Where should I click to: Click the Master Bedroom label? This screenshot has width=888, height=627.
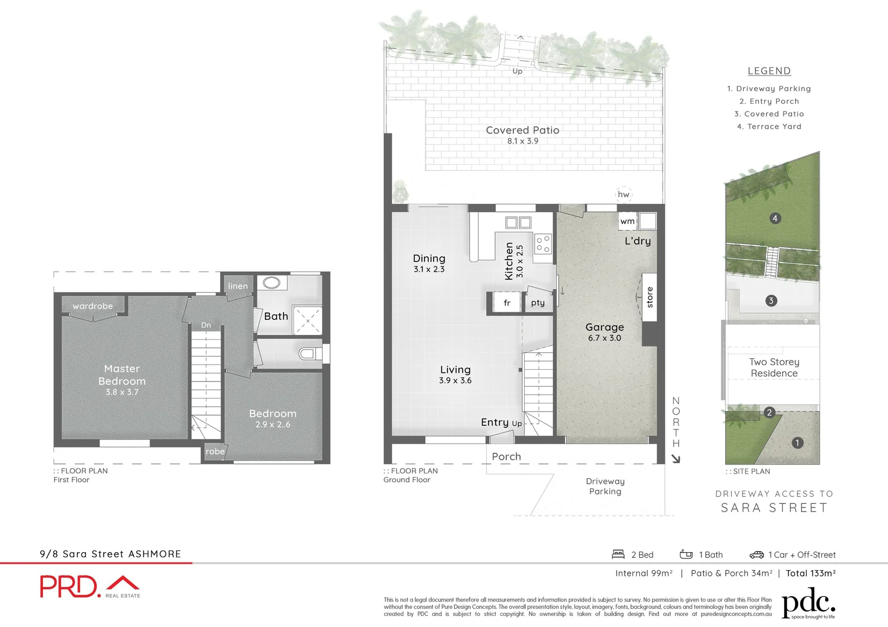pyautogui.click(x=122, y=375)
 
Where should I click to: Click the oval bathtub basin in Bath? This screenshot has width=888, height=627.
pyautogui.click(x=271, y=283)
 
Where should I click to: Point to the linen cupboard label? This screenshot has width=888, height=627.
pyautogui.click(x=238, y=286)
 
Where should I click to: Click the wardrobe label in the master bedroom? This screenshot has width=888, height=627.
pyautogui.click(x=92, y=306)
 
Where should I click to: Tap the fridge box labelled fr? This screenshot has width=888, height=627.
pyautogui.click(x=507, y=302)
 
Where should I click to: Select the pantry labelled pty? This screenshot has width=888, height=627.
pyautogui.click(x=538, y=302)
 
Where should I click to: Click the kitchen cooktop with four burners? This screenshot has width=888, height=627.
pyautogui.click(x=543, y=243)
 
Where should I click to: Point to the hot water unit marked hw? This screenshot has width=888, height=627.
pyautogui.click(x=624, y=194)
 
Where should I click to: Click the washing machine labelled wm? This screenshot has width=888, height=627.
pyautogui.click(x=628, y=221)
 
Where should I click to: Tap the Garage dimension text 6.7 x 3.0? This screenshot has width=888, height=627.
pyautogui.click(x=604, y=338)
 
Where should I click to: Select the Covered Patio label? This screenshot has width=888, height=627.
pyautogui.click(x=522, y=130)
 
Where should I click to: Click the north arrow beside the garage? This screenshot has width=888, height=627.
pyautogui.click(x=675, y=459)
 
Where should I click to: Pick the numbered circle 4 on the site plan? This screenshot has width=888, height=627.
pyautogui.click(x=775, y=218)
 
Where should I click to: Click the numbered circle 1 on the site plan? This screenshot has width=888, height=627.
pyautogui.click(x=797, y=442)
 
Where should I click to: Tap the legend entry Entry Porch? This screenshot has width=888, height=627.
pyautogui.click(x=769, y=101)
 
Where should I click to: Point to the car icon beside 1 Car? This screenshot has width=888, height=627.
pyautogui.click(x=757, y=554)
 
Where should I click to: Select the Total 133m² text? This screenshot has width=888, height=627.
pyautogui.click(x=811, y=573)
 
